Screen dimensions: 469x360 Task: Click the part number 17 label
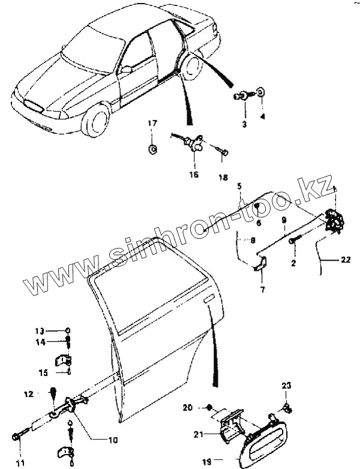click(152, 123)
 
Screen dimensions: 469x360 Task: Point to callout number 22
click(344, 260)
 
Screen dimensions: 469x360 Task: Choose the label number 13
click(39, 331)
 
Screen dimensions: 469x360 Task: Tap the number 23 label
click(286, 385)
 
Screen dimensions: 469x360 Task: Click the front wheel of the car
click(96, 120)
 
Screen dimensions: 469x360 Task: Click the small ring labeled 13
click(68, 331)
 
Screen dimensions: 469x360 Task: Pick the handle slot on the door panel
click(208, 298)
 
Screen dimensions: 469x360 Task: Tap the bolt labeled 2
click(293, 240)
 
